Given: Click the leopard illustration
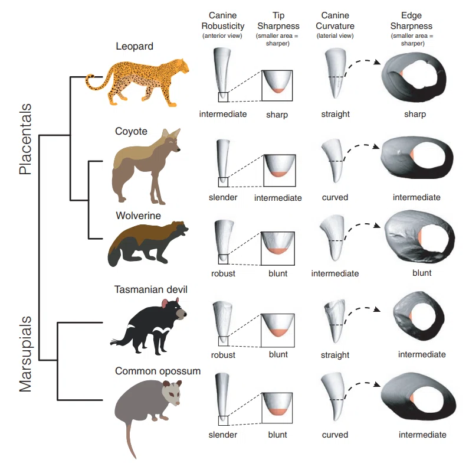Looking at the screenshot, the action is click(137, 82).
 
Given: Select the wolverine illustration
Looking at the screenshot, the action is click(147, 243).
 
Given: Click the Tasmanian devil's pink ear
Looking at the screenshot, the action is click(165, 304).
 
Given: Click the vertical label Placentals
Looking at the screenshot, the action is click(25, 139).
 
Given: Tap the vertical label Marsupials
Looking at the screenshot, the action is click(25, 354).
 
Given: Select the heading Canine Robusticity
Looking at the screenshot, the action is click(223, 21).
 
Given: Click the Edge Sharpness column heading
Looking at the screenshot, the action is click(411, 21).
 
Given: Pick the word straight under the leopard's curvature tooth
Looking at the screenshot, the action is click(335, 114).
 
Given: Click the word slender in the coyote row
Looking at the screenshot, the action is click(223, 197).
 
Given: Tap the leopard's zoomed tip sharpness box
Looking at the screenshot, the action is click(277, 86).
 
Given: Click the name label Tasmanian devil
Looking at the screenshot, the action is click(151, 289).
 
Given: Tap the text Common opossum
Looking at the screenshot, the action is click(158, 371).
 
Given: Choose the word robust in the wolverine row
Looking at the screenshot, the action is click(223, 273).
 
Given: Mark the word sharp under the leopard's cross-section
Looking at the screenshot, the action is click(415, 115).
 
